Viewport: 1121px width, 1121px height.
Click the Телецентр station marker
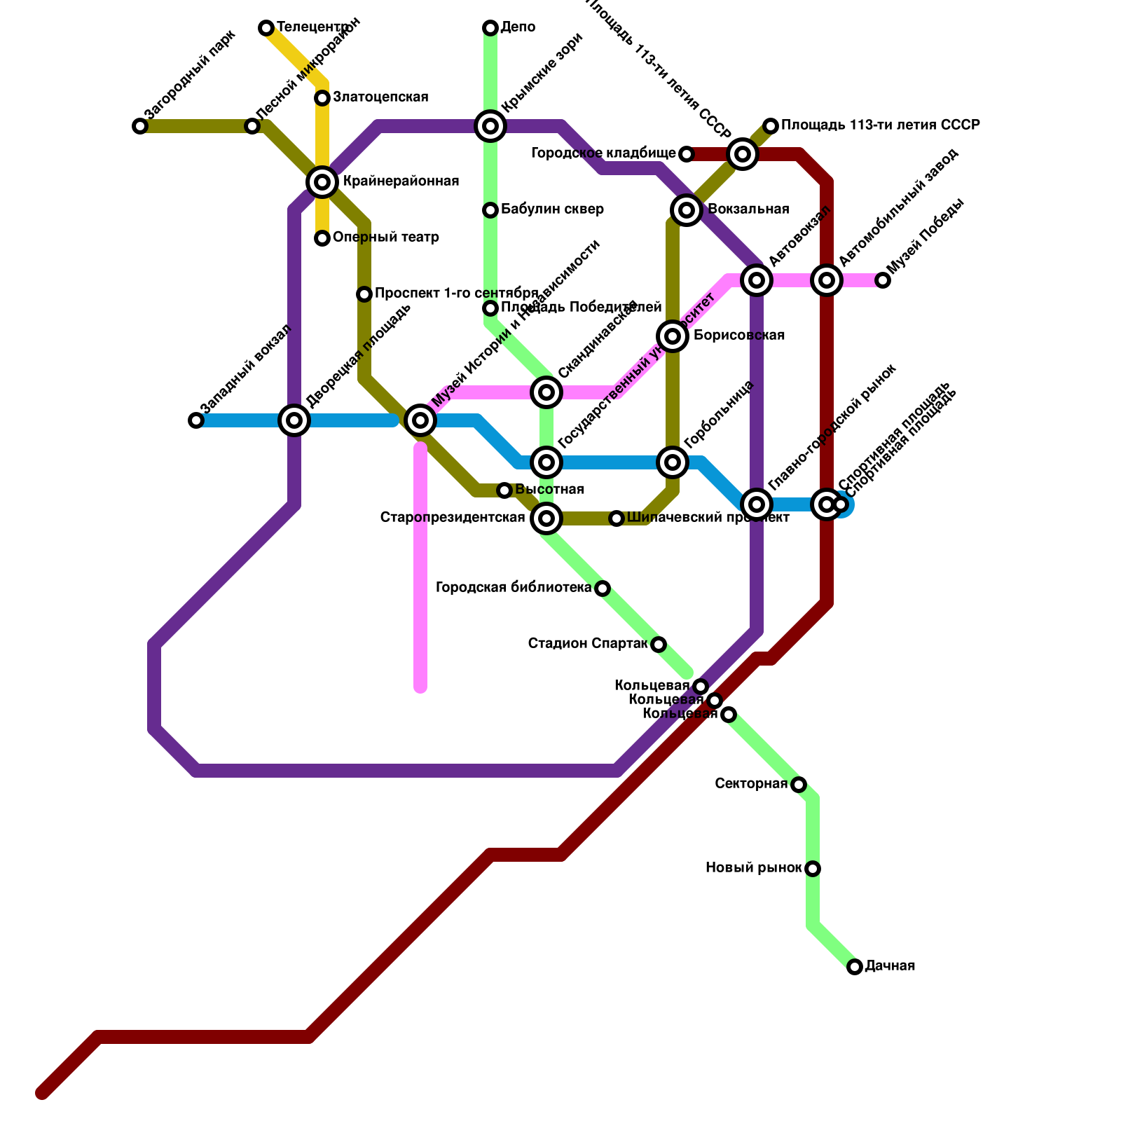266,28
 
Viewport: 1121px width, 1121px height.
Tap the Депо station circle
490,28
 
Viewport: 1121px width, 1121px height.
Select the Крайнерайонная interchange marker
322,182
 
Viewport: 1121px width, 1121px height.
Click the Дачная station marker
855,967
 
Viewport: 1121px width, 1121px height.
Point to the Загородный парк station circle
140,126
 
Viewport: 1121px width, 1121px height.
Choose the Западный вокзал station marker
196,420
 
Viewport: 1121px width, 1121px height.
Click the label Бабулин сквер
552,209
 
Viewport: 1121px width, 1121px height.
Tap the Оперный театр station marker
322,238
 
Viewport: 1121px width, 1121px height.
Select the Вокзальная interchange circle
687,209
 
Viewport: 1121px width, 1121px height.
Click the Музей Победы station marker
883,280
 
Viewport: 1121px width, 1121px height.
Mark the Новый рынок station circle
813,869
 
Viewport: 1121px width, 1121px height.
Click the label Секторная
751,783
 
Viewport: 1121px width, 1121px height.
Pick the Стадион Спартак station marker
659,645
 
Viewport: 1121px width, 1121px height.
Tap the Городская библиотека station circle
603,589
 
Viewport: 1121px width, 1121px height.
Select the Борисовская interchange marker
673,336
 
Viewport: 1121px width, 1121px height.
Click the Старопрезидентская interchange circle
546,518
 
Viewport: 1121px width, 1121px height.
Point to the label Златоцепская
380,97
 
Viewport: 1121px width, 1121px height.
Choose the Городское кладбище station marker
687,154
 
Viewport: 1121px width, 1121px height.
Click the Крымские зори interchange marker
490,126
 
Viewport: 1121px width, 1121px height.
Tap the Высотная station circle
504,490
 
